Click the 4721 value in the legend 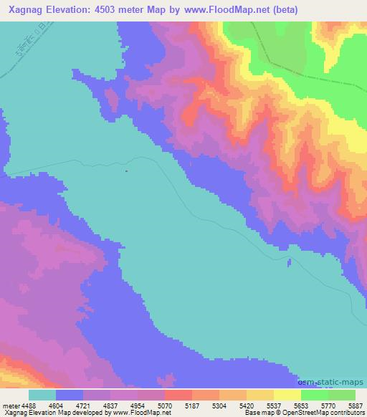(x=83, y=404)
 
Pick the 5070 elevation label (x=165, y=404)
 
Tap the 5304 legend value (x=219, y=404)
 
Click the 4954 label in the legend (x=138, y=404)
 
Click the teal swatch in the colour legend (x=42, y=395)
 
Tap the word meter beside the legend (x=8, y=404)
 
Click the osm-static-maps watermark (x=336, y=380)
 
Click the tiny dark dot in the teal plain (x=126, y=171)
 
